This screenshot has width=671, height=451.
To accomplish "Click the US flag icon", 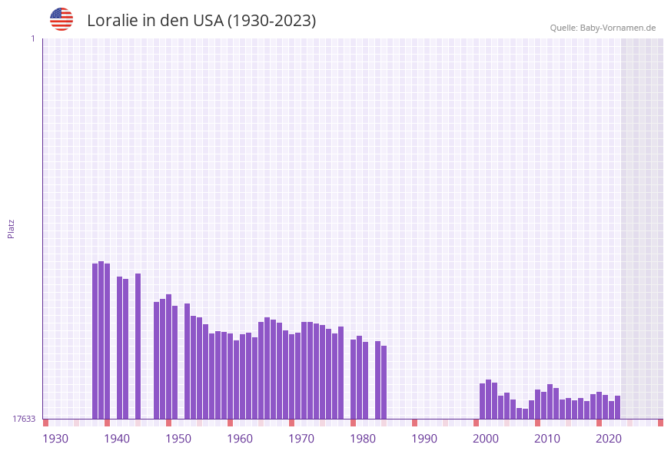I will click(61, 19).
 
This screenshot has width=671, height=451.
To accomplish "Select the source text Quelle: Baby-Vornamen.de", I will click(603, 28).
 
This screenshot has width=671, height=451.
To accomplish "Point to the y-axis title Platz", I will click(12, 228).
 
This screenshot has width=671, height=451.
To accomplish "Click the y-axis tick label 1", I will click(32, 38).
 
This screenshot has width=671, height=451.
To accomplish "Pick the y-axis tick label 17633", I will click(24, 419).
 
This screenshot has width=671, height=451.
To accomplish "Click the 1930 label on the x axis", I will click(55, 438).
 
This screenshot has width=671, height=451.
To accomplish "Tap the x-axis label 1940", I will click(117, 438).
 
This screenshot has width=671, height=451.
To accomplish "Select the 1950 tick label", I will click(178, 438).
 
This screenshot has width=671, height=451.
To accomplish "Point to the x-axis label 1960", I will click(240, 438).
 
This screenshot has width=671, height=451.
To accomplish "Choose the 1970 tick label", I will click(301, 438).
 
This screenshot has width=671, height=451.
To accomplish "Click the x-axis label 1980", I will click(363, 438).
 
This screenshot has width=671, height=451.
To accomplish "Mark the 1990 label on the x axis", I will click(424, 438).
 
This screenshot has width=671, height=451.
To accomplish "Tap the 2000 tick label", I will click(486, 438).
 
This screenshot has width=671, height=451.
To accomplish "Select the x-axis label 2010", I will click(547, 438).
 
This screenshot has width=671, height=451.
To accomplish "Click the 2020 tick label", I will click(609, 438).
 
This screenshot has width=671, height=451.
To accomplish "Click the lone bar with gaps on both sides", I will click(138, 346).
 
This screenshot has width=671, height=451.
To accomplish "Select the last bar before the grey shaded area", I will click(617, 407).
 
